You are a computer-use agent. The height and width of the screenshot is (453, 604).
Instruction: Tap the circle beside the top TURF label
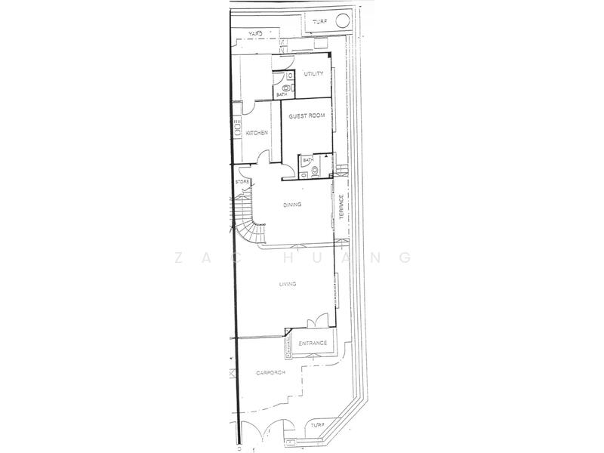click(342, 20)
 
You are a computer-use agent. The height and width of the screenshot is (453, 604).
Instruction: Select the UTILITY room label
click(313, 74)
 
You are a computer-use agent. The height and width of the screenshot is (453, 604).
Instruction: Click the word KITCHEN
click(257, 133)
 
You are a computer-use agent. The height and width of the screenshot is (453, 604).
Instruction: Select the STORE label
click(242, 182)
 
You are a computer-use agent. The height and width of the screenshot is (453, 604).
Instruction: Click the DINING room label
click(292, 205)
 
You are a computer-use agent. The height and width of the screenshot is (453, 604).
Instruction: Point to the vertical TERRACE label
click(342, 208)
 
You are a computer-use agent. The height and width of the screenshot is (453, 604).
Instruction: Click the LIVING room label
click(287, 284)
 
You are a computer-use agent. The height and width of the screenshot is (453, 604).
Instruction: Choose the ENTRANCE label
click(313, 344)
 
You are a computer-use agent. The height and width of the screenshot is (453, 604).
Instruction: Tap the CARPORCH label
click(270, 373)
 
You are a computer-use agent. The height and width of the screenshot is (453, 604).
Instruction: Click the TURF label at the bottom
click(318, 425)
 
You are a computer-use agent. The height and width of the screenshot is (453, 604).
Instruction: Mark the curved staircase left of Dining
click(246, 215)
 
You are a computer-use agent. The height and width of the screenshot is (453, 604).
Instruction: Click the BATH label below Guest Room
click(307, 160)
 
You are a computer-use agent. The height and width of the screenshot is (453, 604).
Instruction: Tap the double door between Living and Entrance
click(316, 321)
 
